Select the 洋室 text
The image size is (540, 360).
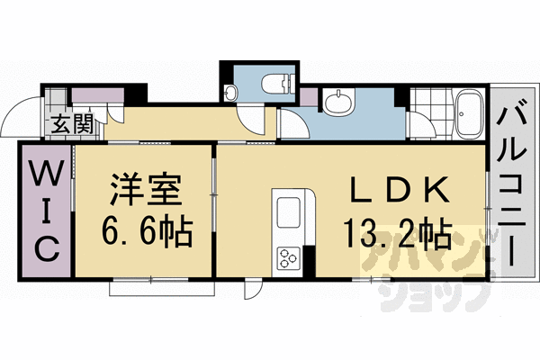[147, 191]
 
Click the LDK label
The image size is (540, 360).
[397, 191]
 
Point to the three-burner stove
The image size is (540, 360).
[291, 258]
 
